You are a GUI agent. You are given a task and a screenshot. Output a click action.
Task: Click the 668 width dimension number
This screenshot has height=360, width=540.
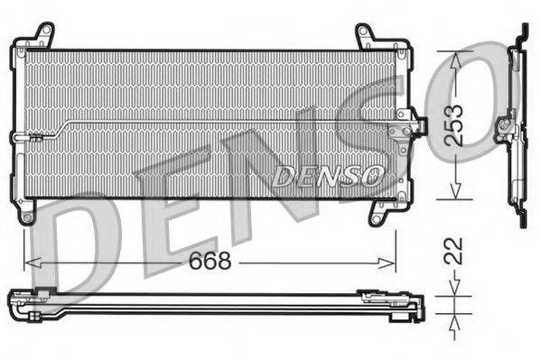(x=210, y=262)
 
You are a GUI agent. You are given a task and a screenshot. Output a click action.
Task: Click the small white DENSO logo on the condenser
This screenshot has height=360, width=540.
(x=329, y=173)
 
